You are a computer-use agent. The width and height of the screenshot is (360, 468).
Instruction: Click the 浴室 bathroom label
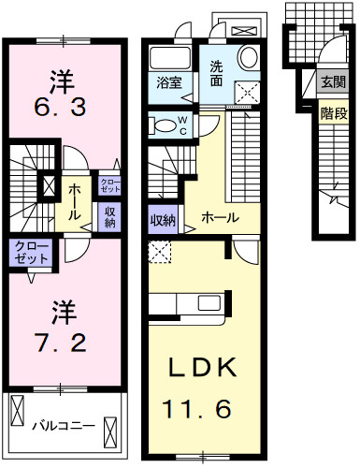click(169, 82)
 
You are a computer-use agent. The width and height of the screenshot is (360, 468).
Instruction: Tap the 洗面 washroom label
click(215, 73)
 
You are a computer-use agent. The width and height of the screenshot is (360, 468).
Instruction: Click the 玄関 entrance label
click(333, 82)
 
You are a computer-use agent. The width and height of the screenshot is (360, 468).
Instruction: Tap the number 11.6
click(198, 409)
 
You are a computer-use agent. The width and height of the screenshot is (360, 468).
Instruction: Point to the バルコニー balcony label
click(63, 426)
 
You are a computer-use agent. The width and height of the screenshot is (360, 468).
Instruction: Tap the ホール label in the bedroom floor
click(74, 196)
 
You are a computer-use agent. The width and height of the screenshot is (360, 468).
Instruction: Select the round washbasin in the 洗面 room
click(248, 58)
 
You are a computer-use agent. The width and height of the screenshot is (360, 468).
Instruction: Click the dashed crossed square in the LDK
click(160, 251)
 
